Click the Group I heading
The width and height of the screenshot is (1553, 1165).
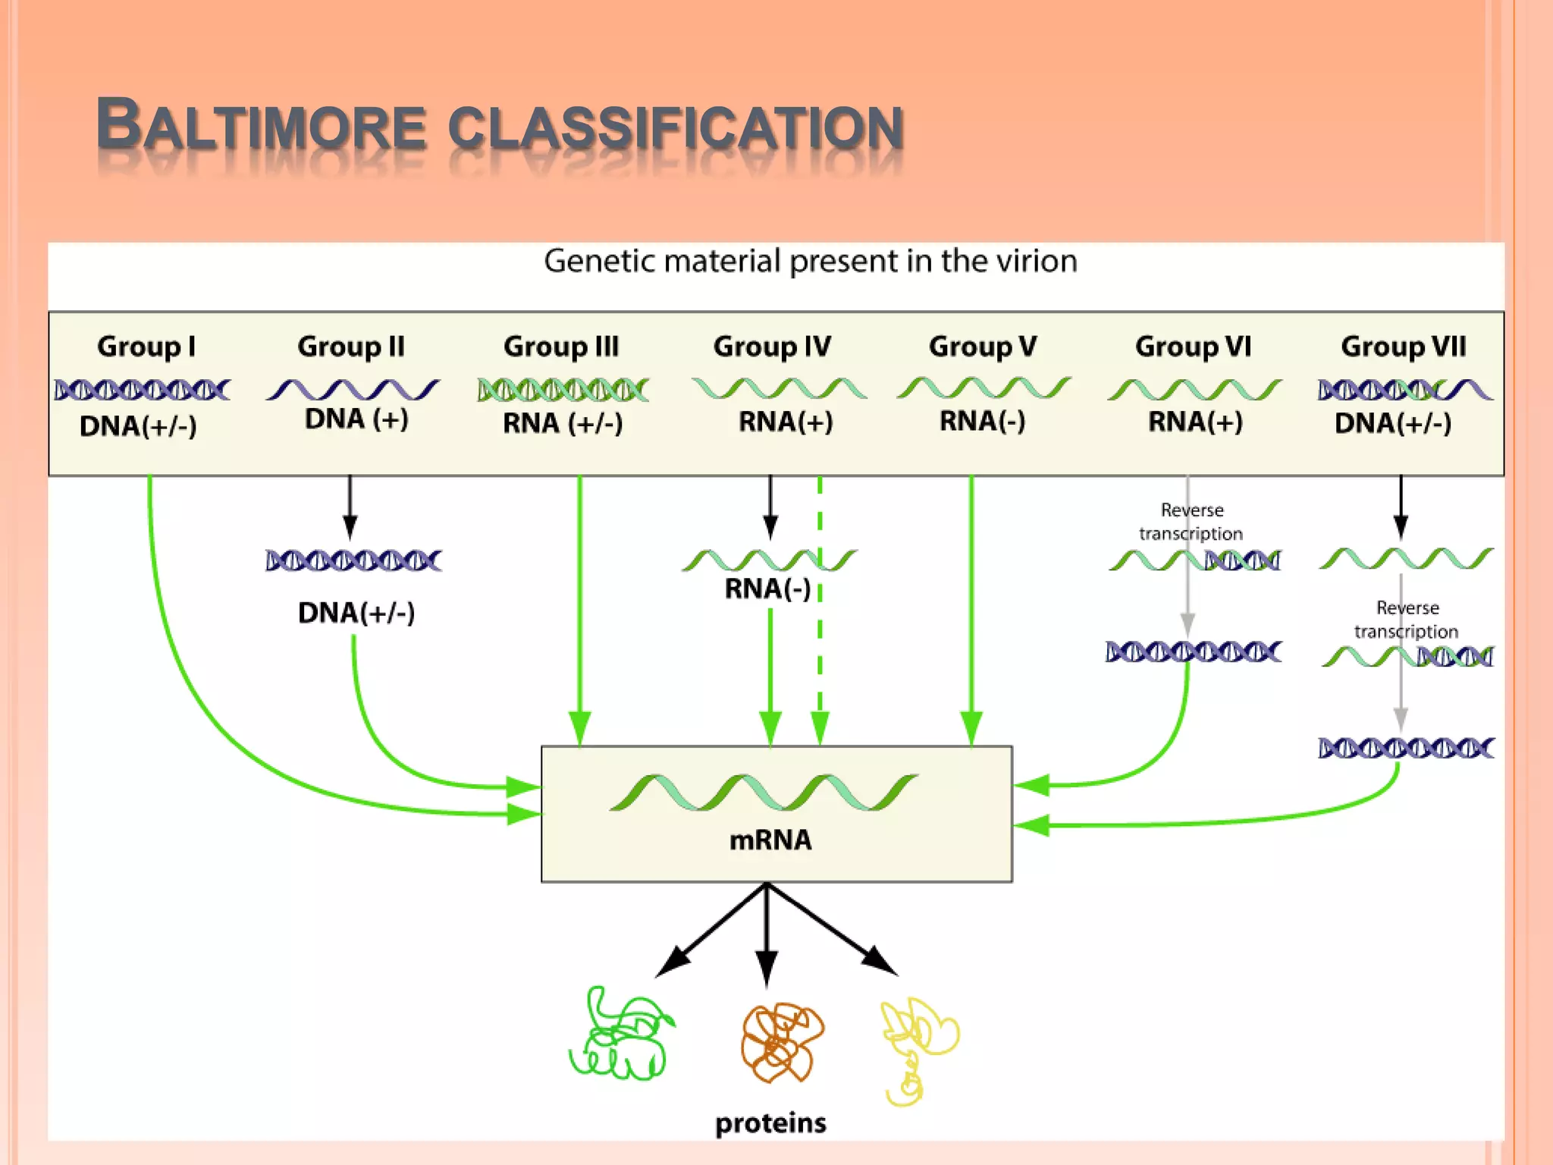(x=146, y=347)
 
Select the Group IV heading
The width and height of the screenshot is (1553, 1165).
(x=772, y=347)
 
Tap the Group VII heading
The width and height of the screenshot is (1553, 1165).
(x=1403, y=347)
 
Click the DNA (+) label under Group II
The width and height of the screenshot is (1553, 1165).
(x=356, y=419)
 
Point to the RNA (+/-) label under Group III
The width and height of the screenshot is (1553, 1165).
(x=563, y=422)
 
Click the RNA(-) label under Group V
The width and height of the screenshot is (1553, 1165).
(x=982, y=421)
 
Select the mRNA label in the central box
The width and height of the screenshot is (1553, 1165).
(x=770, y=840)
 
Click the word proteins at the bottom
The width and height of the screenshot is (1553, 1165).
(x=770, y=1123)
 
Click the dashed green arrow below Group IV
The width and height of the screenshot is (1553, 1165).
(x=820, y=645)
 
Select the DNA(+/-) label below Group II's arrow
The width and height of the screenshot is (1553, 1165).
(x=356, y=612)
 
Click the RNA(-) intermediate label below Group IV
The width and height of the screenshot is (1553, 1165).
(x=767, y=589)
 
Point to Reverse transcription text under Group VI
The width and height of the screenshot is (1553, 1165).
(x=1191, y=522)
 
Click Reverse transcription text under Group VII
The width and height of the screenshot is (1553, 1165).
(x=1407, y=620)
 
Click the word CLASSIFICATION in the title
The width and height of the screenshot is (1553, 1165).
(x=675, y=127)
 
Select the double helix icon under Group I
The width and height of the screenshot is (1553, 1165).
(x=142, y=390)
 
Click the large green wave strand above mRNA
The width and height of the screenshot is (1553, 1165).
(x=764, y=793)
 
